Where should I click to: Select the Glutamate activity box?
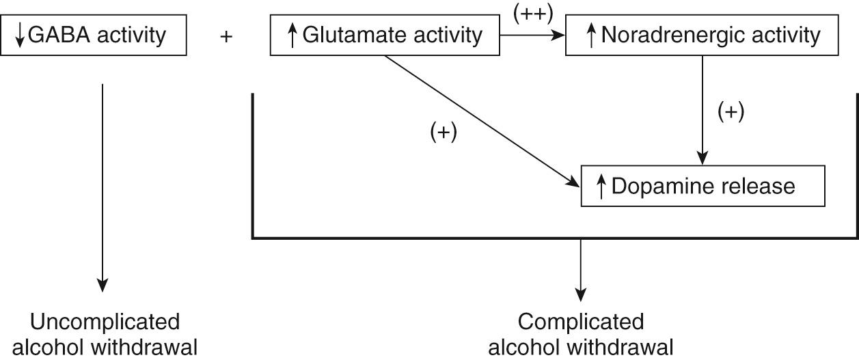[x=385, y=36]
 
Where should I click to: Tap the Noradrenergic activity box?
[x=703, y=36]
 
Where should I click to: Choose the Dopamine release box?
[x=703, y=186]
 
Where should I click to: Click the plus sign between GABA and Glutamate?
[x=227, y=37]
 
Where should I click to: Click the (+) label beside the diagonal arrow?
[x=443, y=133]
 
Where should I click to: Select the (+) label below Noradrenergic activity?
[x=730, y=111]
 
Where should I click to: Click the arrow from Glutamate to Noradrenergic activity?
[x=533, y=34]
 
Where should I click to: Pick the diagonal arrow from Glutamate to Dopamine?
[x=478, y=119]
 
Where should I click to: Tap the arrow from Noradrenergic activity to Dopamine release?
[x=703, y=109]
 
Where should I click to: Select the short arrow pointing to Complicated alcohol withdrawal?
[x=580, y=270]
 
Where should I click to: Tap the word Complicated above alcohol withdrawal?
[x=581, y=322]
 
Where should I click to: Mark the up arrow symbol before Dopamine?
[x=601, y=186]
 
